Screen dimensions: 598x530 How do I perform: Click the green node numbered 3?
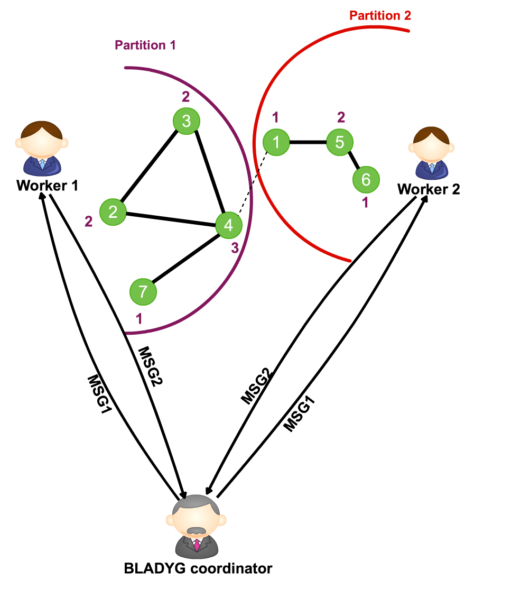187,121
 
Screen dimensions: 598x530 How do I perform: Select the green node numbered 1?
276,142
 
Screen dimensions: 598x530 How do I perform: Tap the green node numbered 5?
340,142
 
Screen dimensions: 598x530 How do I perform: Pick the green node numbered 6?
366,180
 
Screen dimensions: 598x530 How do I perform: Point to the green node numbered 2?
113,212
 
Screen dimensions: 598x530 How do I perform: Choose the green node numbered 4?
229,225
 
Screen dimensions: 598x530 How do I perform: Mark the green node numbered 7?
143,292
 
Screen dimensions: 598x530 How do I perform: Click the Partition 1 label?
145,45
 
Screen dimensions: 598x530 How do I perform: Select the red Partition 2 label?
380,16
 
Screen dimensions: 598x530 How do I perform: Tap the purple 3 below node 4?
235,248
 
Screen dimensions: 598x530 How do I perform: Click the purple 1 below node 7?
140,319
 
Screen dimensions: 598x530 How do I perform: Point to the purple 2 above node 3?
186,97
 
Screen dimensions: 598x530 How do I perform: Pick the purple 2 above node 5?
341,117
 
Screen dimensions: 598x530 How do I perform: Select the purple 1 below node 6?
365,203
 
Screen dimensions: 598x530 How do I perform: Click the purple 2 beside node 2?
89,222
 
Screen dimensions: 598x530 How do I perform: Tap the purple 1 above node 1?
275,117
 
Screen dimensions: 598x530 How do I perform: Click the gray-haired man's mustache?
196,530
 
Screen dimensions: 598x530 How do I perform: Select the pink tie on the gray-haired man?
197,545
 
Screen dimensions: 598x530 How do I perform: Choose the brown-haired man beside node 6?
431,153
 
